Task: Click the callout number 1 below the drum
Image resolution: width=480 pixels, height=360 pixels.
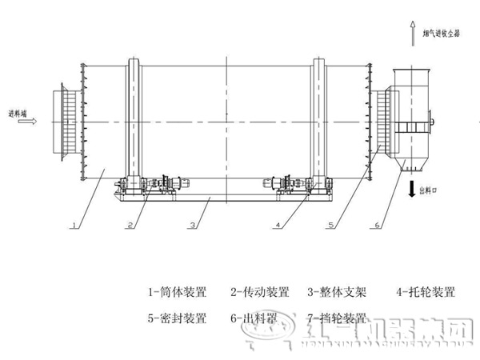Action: click(x=74, y=226)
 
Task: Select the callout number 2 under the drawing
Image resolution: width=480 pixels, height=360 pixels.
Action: click(x=129, y=226)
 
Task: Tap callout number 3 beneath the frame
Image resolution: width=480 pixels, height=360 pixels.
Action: click(x=192, y=226)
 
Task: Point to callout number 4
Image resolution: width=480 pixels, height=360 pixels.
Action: click(x=277, y=226)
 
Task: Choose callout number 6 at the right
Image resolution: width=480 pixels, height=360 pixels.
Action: click(x=376, y=226)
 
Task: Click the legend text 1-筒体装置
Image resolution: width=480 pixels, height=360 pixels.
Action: click(x=177, y=292)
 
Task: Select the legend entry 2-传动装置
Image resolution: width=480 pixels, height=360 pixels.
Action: click(x=260, y=292)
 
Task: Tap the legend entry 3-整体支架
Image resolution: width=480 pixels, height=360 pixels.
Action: click(x=342, y=292)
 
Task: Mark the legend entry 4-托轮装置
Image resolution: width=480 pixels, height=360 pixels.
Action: click(x=427, y=292)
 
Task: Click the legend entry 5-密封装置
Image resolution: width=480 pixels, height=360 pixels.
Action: click(x=177, y=318)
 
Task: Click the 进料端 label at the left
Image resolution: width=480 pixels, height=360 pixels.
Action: click(x=18, y=114)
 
